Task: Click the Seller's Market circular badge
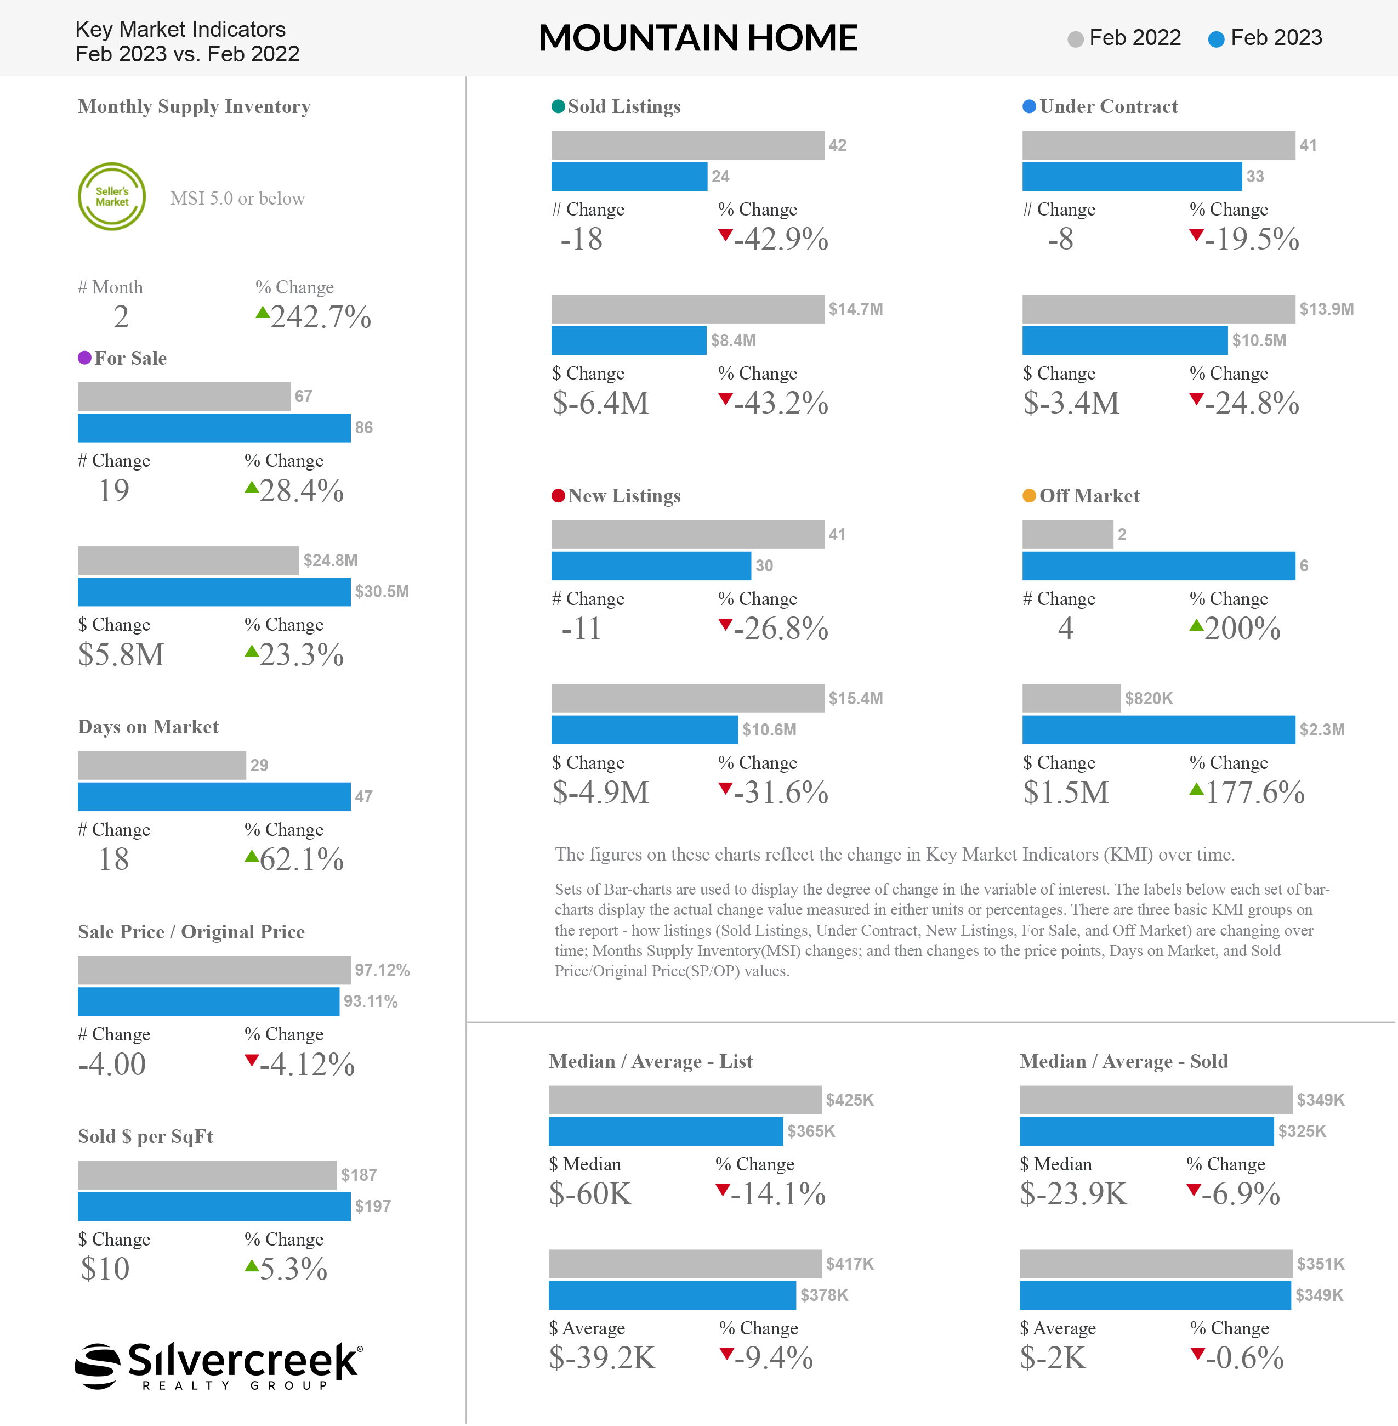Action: [x=112, y=197]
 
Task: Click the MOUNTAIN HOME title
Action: [x=698, y=38]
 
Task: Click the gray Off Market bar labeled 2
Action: [x=1067, y=535]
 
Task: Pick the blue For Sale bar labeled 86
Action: [x=214, y=428]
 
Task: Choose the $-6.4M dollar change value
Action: [x=601, y=403]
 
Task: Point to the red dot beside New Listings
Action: [x=558, y=496]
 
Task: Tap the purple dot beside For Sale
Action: [x=84, y=358]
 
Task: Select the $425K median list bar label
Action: [x=850, y=1100]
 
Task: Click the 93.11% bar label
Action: [x=371, y=1001]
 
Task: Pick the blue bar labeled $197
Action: [x=214, y=1206]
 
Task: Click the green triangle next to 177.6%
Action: [x=1197, y=790]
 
